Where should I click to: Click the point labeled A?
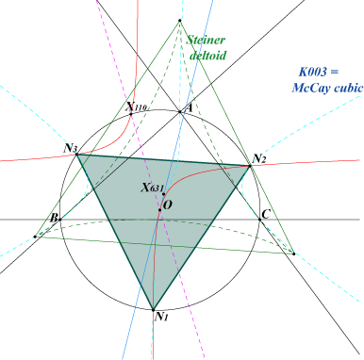pos(180,111)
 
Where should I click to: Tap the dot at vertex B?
pos(60,220)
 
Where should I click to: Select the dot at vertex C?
pos(259,220)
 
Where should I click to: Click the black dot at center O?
pos(159,210)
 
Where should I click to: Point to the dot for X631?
pos(164,194)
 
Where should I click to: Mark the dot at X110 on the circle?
pos(131,114)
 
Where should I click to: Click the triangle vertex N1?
pos(153,310)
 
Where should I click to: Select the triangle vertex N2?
pos(250,166)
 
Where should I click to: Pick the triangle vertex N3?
pos(76,155)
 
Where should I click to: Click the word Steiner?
pos(206,41)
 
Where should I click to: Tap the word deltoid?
pos(208,56)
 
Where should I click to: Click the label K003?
pos(313,72)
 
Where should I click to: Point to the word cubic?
pos(349,88)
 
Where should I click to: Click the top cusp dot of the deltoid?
pos(180,21)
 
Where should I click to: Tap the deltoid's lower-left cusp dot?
pos(35,237)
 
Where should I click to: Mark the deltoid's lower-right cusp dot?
pos(293,254)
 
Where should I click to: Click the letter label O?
pos(168,205)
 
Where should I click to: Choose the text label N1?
pos(162,317)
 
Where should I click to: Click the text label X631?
pos(152,188)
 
